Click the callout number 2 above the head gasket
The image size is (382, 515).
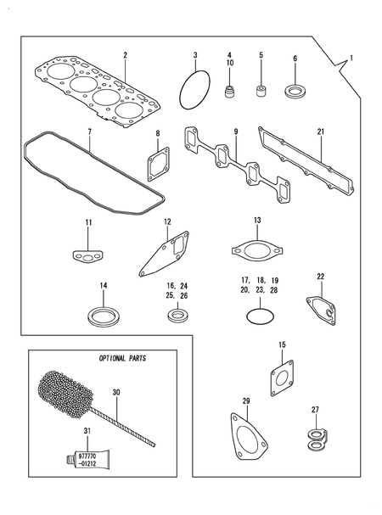pyautogui.click(x=125, y=56)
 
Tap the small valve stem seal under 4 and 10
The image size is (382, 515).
pyautogui.click(x=228, y=88)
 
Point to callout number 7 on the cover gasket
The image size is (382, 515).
pyautogui.click(x=89, y=132)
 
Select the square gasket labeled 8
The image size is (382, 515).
pyautogui.click(x=156, y=165)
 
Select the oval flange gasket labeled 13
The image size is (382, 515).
pyautogui.click(x=257, y=250)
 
